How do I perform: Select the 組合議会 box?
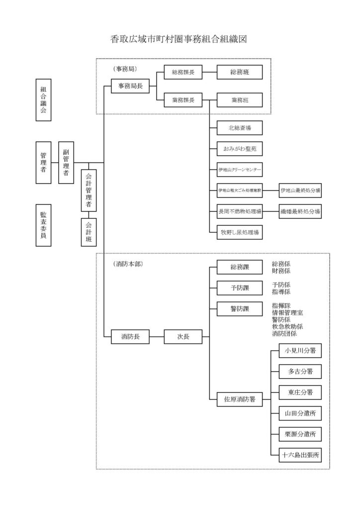tap(44, 99)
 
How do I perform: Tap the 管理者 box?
tap(44, 163)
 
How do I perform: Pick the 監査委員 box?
tap(44, 226)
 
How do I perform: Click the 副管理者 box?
tap(66, 163)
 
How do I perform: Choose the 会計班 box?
tap(89, 232)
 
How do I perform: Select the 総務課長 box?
tap(183, 72)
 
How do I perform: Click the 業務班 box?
tap(240, 100)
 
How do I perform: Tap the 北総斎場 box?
tap(240, 128)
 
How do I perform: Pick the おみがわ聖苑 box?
tap(240, 148)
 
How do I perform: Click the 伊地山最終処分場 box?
tap(300, 190)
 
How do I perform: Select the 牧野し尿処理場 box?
tap(240, 232)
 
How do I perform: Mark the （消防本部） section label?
tap(128, 264)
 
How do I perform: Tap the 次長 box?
tap(183, 337)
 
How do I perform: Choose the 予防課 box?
tap(240, 288)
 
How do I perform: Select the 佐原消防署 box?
tap(240, 398)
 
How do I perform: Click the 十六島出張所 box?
tap(300, 454)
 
